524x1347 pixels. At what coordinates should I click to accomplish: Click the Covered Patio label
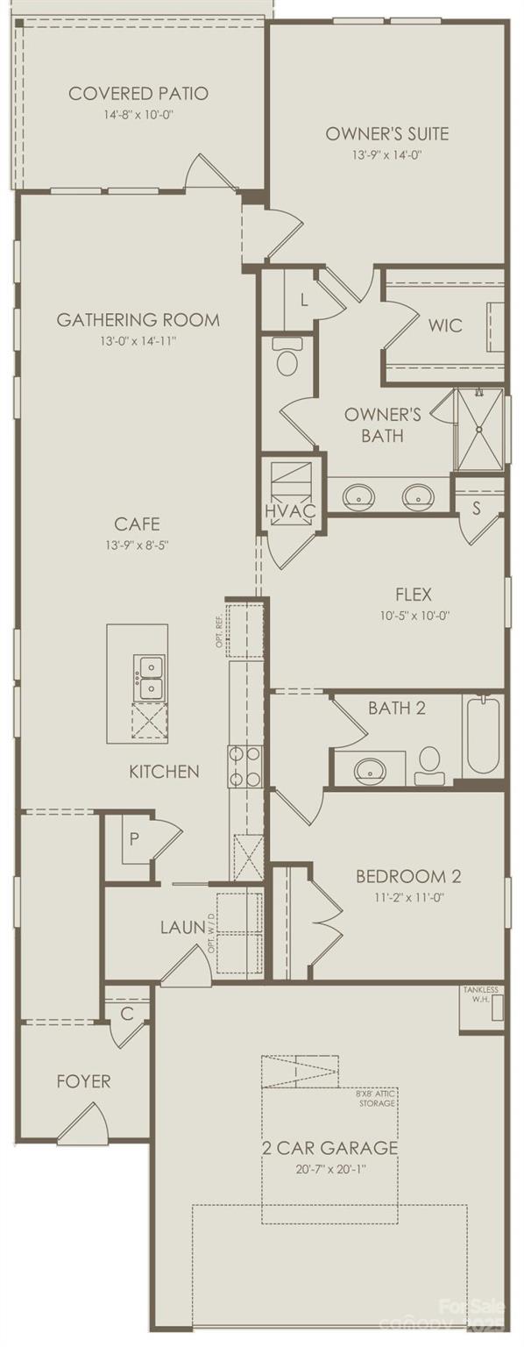pyautogui.click(x=138, y=94)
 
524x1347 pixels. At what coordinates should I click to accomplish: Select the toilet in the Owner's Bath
pyautogui.click(x=287, y=358)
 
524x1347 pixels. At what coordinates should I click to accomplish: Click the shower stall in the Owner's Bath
pyautogui.click(x=479, y=430)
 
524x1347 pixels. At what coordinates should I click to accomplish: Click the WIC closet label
pyautogui.click(x=444, y=325)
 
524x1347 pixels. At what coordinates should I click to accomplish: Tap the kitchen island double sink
pyautogui.click(x=148, y=678)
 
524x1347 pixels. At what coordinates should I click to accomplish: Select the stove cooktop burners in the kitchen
pyautogui.click(x=244, y=765)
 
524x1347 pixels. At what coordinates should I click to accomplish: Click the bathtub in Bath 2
pyautogui.click(x=483, y=735)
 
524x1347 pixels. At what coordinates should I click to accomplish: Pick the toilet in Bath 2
pyautogui.click(x=429, y=765)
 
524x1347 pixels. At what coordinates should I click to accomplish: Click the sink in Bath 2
pyautogui.click(x=370, y=771)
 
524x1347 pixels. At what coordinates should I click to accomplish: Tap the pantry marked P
pyautogui.click(x=134, y=838)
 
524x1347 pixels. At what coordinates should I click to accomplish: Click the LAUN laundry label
pyautogui.click(x=182, y=927)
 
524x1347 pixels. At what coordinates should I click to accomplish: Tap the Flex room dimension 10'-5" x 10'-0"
pyautogui.click(x=408, y=616)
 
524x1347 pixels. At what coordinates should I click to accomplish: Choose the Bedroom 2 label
pyautogui.click(x=407, y=876)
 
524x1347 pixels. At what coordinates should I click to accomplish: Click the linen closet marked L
pyautogui.click(x=304, y=300)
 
